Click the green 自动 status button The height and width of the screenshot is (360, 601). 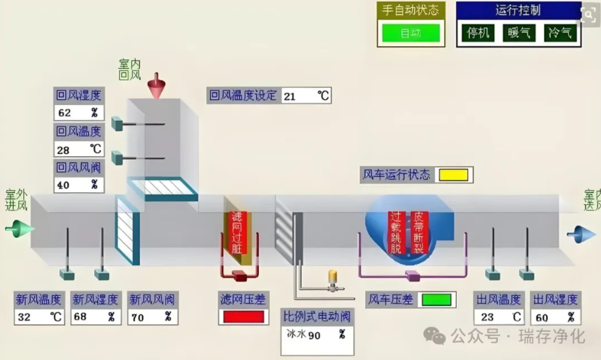(411, 33)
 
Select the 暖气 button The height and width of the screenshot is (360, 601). (519, 32)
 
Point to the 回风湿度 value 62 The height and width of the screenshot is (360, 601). (78, 112)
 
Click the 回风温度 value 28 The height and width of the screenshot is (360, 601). (78, 149)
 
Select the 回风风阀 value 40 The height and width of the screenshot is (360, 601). (78, 184)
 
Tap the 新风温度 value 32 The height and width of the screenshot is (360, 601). (40, 316)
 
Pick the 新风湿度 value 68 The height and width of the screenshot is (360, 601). (96, 316)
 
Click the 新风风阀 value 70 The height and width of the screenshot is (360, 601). (152, 316)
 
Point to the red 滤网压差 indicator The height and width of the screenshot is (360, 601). (243, 316)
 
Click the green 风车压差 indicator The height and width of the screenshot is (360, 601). (436, 299)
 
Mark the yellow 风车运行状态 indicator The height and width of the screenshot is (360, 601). (453, 175)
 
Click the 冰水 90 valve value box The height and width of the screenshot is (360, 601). (318, 335)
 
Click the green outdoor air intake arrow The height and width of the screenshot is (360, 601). (19, 228)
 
